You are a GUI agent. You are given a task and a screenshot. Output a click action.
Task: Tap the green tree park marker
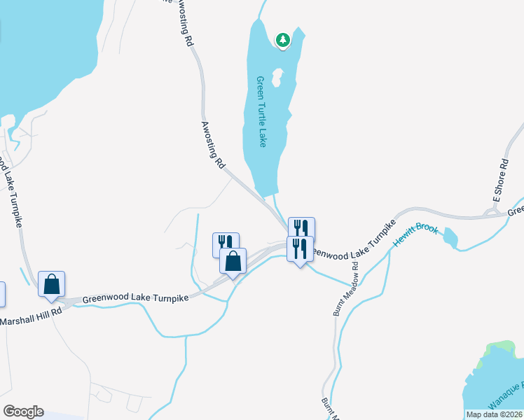tap(282, 41)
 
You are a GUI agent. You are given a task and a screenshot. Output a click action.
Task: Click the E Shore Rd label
tap(500, 181)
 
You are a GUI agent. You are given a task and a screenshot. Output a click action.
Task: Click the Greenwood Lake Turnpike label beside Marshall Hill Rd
tap(135, 297)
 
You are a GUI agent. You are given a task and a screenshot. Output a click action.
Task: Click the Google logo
tap(23, 412)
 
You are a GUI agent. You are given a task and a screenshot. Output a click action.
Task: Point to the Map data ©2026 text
tap(495, 414)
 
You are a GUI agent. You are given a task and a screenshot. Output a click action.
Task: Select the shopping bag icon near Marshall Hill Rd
tap(52, 284)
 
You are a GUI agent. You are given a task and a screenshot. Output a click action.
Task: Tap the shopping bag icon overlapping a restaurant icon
tap(233, 262)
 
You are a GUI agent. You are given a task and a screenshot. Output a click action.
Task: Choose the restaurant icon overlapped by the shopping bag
tap(224, 243)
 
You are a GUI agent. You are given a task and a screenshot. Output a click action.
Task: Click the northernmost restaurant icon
tap(301, 228)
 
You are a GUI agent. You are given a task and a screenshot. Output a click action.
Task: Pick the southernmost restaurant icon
tap(300, 248)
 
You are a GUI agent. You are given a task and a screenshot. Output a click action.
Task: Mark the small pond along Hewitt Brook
tap(450, 239)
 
